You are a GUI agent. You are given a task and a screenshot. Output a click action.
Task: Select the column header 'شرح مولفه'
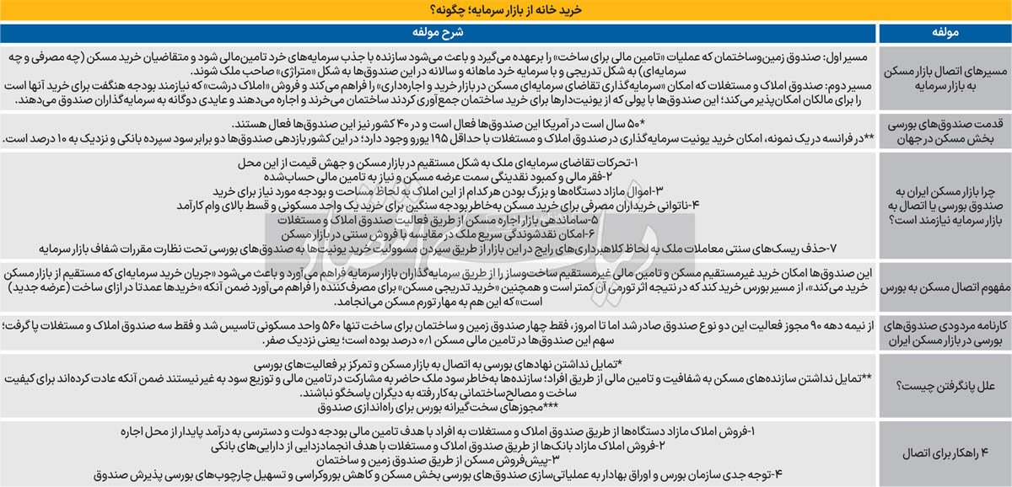coord(439,35)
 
